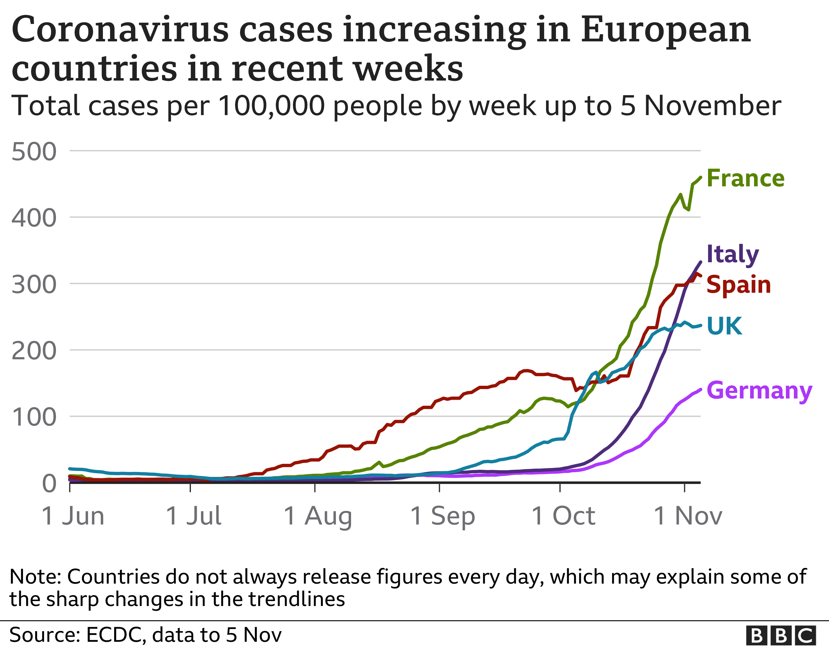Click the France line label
(x=745, y=178)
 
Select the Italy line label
(x=732, y=254)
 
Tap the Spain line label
(x=738, y=285)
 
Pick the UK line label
(x=724, y=326)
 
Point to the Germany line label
(x=759, y=390)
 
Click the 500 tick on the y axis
(x=34, y=152)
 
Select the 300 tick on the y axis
(x=34, y=285)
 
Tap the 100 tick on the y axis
(x=34, y=417)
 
